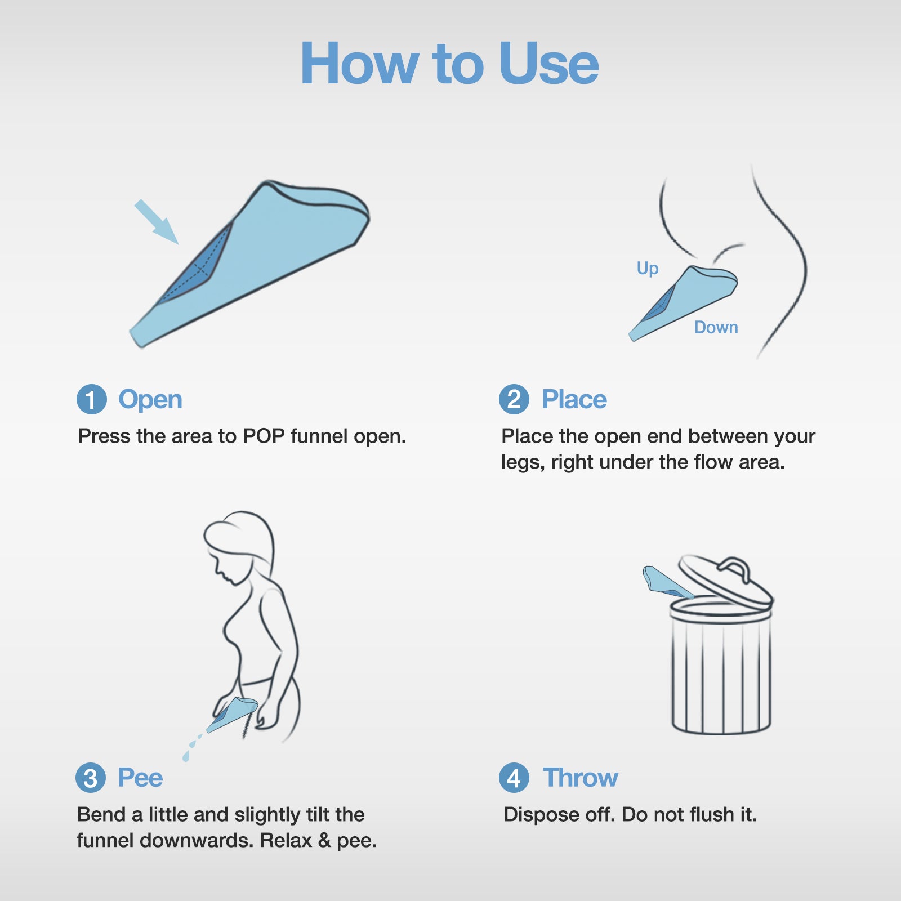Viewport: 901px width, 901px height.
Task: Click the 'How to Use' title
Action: [449, 64]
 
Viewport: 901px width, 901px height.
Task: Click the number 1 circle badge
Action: [92, 400]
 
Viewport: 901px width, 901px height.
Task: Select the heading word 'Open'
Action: [150, 400]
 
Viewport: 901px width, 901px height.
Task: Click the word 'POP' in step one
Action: [264, 436]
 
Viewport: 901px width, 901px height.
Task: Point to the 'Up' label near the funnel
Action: [648, 269]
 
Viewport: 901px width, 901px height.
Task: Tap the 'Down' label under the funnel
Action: [716, 328]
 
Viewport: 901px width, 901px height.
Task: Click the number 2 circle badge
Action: [514, 400]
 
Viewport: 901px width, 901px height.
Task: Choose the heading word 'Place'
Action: [574, 400]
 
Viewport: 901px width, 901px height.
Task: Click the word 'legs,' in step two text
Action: [523, 463]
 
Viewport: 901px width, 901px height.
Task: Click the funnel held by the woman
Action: [232, 714]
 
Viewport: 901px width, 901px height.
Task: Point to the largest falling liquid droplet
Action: [186, 757]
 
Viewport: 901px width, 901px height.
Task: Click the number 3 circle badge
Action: [91, 778]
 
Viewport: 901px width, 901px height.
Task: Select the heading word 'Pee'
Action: [140, 778]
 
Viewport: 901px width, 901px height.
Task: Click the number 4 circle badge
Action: [514, 778]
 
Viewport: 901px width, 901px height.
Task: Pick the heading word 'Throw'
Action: [580, 778]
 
